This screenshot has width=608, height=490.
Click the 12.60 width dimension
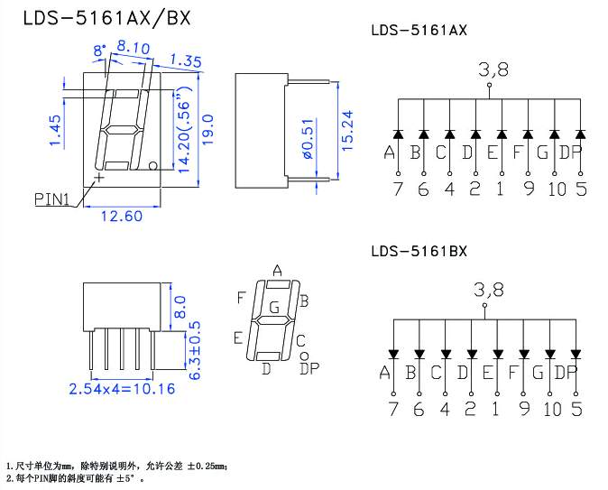(x=121, y=215)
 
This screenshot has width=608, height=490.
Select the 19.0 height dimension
(x=207, y=130)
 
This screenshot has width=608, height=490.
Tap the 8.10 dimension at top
(x=133, y=48)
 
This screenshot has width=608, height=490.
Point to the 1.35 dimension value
(x=185, y=61)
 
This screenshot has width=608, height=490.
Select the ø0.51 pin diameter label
(x=307, y=139)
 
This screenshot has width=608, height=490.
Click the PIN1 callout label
(x=52, y=198)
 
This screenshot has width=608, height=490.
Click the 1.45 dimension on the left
(x=55, y=131)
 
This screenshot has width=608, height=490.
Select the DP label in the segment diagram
(x=309, y=367)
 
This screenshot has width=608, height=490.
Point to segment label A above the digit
(x=278, y=270)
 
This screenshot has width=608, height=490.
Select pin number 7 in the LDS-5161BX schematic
(x=394, y=409)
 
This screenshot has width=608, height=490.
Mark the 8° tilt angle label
(x=98, y=50)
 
